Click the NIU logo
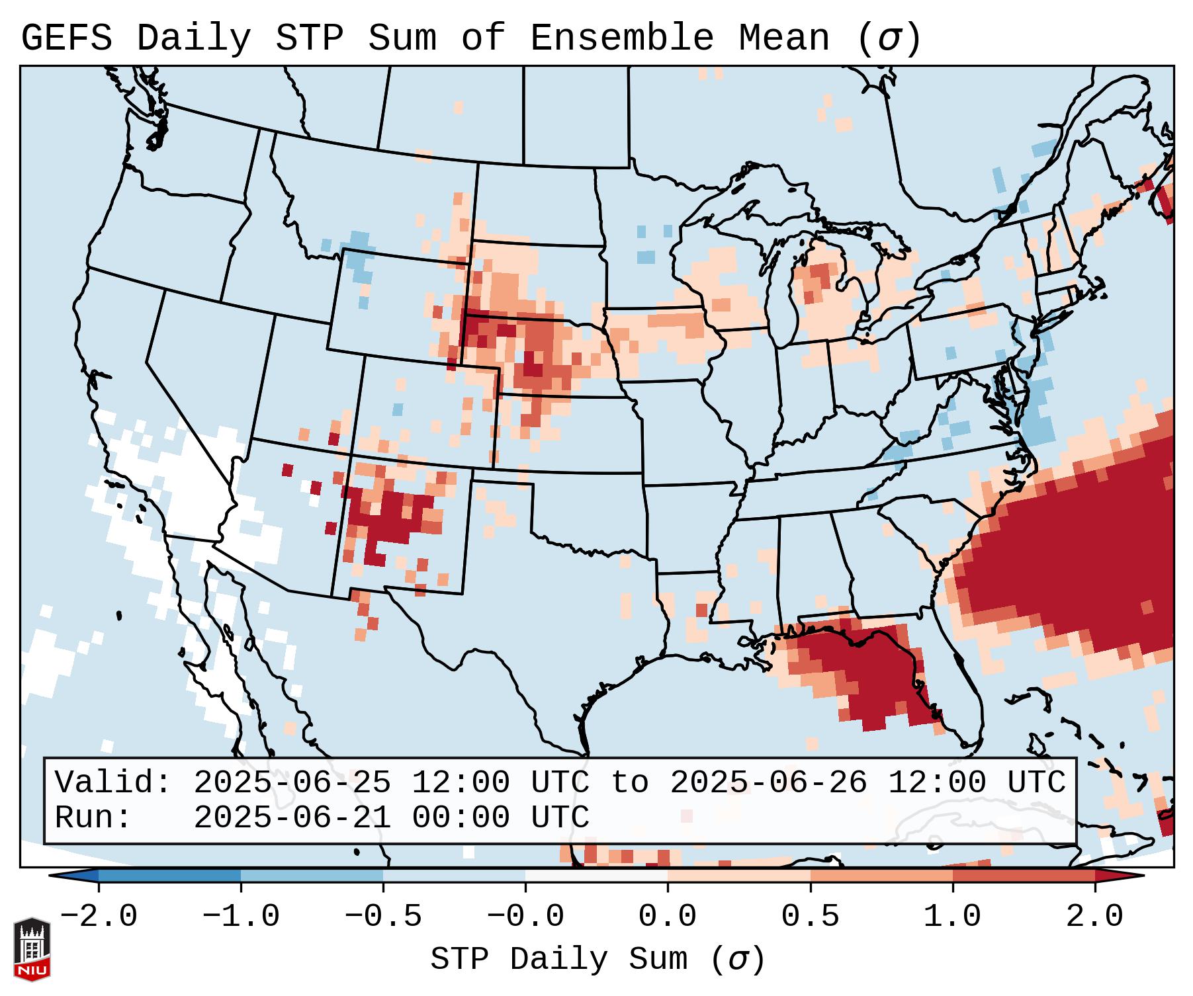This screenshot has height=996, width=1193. [32, 948]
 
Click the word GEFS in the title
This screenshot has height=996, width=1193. [66, 38]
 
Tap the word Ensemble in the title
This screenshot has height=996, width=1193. [622, 38]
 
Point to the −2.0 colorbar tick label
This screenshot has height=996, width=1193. [99, 917]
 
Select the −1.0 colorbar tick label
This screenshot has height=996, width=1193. [241, 917]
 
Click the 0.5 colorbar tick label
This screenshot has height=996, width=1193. [811, 917]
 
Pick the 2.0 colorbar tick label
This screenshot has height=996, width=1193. [1095, 917]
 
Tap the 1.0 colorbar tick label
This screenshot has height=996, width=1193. [953, 917]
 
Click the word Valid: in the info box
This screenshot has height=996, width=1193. [113, 783]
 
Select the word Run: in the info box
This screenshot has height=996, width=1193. [93, 818]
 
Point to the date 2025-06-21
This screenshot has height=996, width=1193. [292, 818]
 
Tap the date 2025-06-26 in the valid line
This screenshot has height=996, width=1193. [768, 783]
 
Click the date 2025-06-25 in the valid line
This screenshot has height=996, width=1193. [292, 783]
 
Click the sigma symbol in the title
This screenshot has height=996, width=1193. [889, 38]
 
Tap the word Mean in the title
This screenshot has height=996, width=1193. [784, 38]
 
